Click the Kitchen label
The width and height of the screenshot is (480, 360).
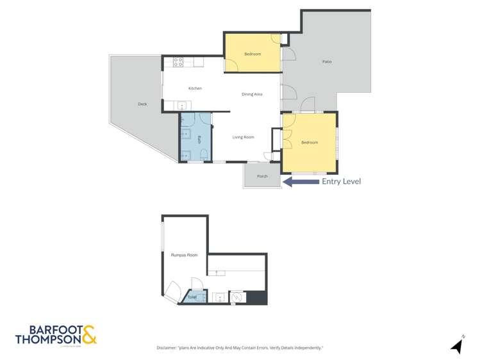click(195, 88)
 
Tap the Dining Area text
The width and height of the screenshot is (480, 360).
click(252, 94)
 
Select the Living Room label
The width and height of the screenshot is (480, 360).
click(243, 137)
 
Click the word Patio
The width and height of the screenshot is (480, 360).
click(327, 61)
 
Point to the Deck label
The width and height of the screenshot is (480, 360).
click(142, 104)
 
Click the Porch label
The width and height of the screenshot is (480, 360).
click(262, 176)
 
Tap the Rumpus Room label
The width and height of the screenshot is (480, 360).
click(184, 255)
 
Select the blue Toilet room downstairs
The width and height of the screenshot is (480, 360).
click(193, 297)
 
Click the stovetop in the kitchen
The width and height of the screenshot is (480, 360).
click(178, 62)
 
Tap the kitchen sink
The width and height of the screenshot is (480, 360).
click(182, 106)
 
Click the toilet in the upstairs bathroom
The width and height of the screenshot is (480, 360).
click(204, 154)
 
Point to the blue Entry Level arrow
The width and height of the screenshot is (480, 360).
click(301, 182)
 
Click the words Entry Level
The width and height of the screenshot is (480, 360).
click(342, 181)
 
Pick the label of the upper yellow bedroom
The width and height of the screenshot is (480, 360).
click(252, 54)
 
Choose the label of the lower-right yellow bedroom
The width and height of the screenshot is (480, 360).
click(310, 142)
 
